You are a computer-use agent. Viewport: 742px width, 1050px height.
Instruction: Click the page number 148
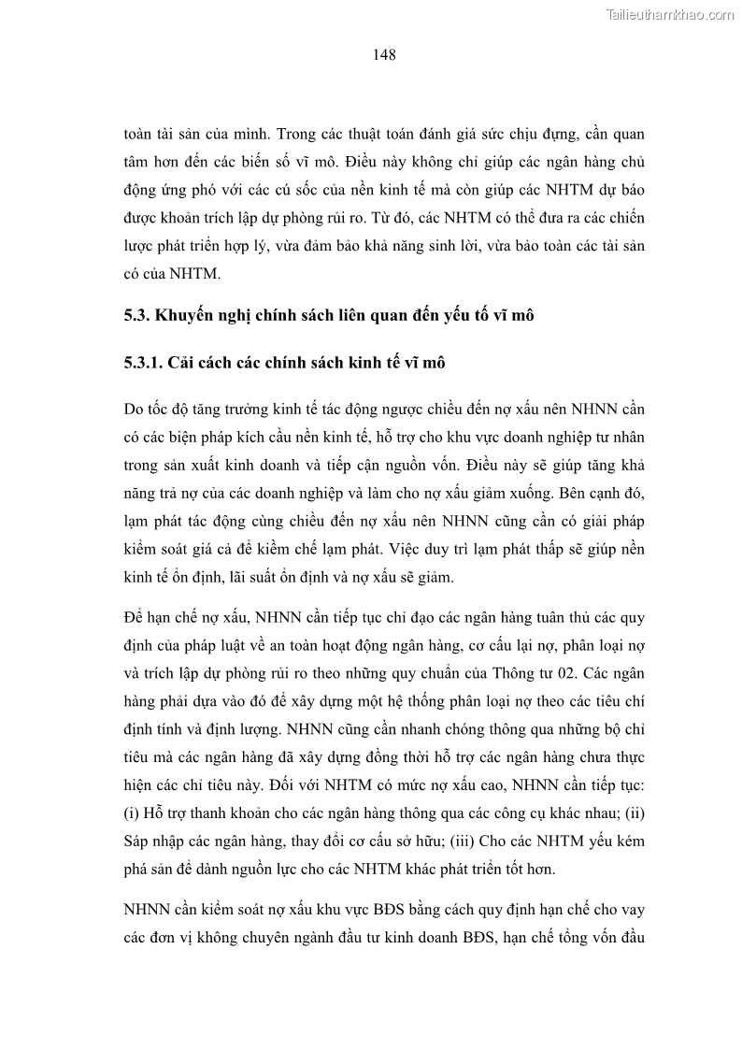coord(384,55)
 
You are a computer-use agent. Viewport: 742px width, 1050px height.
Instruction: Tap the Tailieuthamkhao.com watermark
coord(670,14)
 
